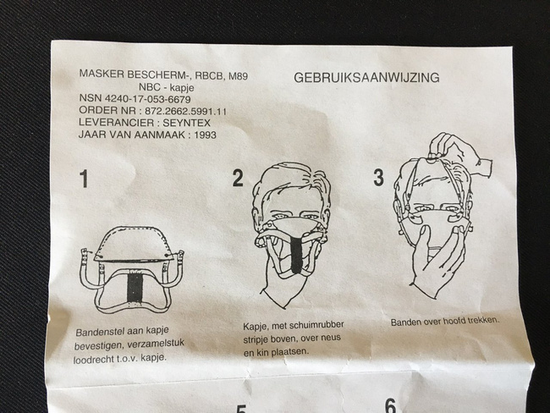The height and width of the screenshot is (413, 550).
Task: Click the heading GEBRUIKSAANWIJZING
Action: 366,77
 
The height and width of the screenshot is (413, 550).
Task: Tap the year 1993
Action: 205,135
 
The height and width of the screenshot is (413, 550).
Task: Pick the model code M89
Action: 238,76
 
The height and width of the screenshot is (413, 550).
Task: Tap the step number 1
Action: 84,179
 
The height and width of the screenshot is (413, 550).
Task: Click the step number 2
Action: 238,178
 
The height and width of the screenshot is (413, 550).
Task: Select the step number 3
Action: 378,177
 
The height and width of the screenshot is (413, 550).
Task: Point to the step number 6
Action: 390,406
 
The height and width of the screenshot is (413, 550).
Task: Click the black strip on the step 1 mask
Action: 135,288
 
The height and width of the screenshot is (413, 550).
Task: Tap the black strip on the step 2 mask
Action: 297,252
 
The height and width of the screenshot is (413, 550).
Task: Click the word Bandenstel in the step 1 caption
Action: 99,332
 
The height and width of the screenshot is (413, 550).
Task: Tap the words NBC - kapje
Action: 166,87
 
